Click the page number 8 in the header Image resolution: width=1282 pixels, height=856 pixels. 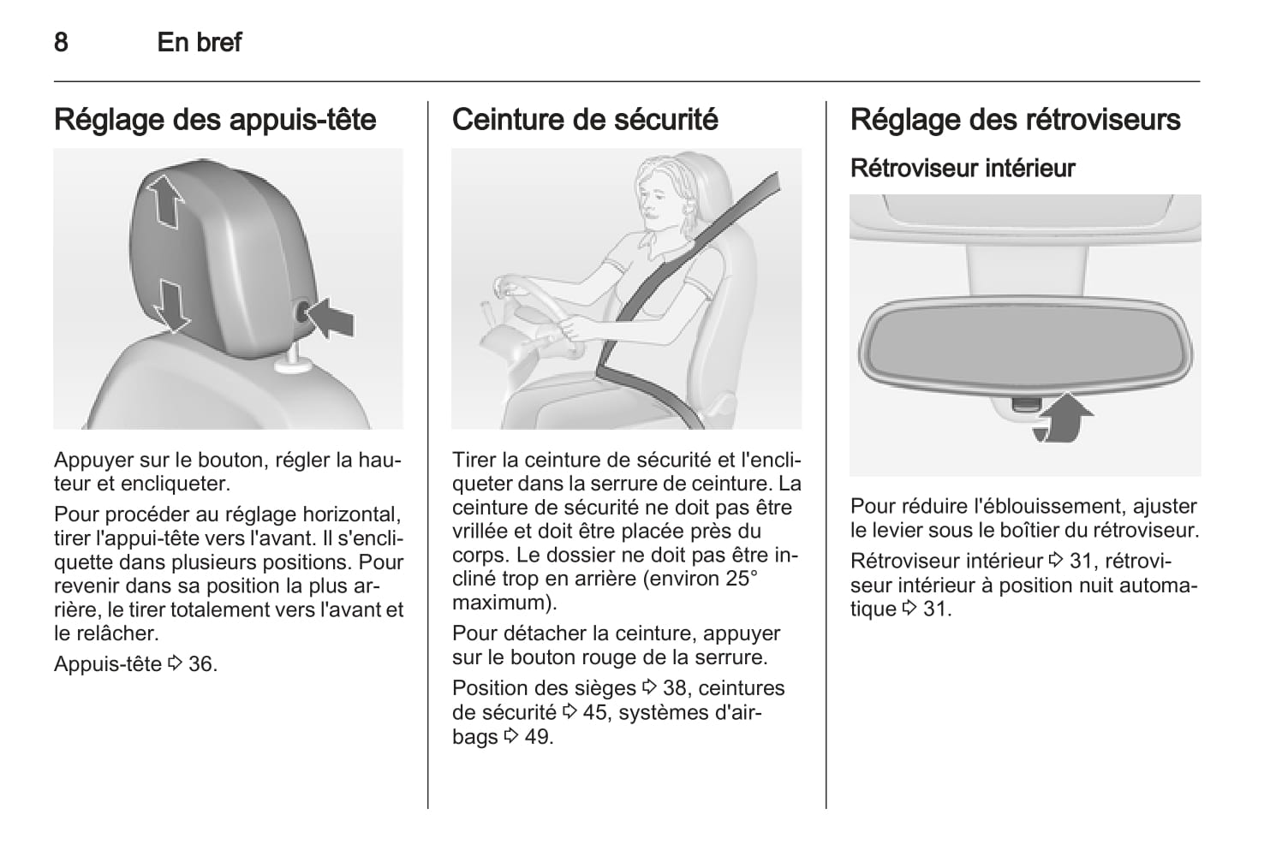click(62, 42)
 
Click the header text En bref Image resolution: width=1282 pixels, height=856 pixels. click(200, 42)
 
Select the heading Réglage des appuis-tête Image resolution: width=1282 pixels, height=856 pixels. click(215, 120)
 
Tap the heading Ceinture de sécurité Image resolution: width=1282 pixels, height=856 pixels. click(585, 120)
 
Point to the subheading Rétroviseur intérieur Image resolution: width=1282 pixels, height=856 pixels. click(963, 169)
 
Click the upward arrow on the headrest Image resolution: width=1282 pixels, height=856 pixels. click(164, 200)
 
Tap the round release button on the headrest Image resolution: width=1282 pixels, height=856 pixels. click(302, 313)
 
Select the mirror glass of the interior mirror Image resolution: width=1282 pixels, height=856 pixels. click(1025, 346)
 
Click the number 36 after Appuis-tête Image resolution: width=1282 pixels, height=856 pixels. click(203, 664)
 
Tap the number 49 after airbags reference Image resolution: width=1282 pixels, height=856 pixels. click(539, 737)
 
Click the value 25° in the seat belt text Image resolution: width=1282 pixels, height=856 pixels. click(741, 579)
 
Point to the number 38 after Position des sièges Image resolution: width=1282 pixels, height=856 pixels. click(676, 688)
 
